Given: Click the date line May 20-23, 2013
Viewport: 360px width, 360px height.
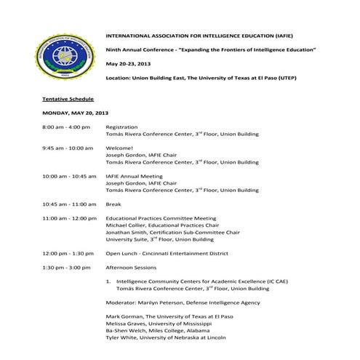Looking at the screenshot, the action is point(129,63).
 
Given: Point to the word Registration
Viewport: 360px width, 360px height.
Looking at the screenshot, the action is point(121,128).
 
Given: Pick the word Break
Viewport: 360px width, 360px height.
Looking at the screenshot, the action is point(113,204).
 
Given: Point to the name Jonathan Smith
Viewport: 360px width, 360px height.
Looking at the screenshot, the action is point(126,233).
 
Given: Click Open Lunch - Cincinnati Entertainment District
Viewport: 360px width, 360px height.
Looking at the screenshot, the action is point(167,254).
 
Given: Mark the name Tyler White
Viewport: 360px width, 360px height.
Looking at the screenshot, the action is point(121,338).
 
